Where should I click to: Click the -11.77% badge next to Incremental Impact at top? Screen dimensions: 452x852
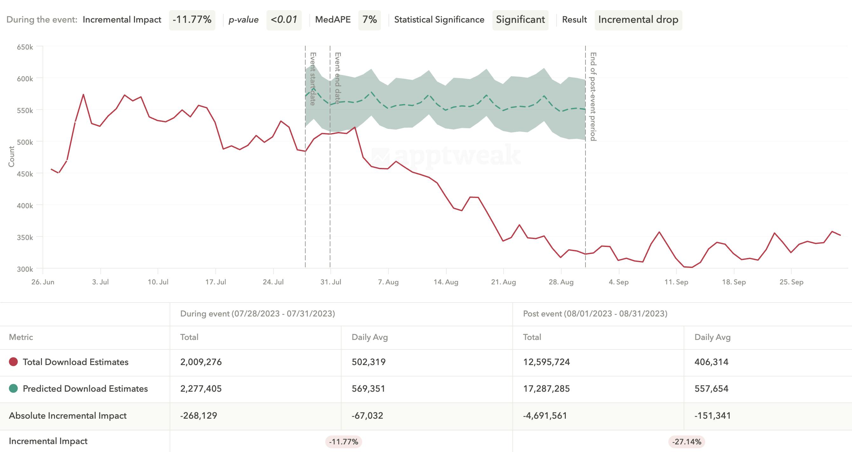[192, 20]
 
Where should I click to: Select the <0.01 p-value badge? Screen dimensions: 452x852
[284, 20]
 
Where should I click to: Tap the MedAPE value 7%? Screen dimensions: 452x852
[369, 20]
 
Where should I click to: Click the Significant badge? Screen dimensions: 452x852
[520, 20]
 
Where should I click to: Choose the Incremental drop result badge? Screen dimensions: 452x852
[638, 20]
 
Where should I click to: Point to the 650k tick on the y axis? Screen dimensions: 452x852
[25, 47]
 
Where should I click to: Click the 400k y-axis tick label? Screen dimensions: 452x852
[25, 205]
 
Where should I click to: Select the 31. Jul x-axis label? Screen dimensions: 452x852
[330, 282]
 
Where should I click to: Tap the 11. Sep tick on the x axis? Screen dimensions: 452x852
[676, 282]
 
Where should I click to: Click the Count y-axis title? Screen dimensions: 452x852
[11, 156]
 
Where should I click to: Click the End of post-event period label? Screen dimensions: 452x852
[593, 96]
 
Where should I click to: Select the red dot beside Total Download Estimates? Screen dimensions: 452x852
[13, 362]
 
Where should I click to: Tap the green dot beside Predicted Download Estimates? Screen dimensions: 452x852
[13, 389]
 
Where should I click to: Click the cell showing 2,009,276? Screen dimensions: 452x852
[201, 362]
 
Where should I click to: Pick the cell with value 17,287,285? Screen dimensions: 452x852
[546, 389]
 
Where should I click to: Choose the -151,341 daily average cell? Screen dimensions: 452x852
[713, 415]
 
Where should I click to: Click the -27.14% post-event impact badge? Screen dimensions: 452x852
[686, 442]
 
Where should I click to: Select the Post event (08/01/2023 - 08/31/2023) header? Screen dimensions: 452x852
[595, 314]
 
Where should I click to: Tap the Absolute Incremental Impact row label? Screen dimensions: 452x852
[67, 415]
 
